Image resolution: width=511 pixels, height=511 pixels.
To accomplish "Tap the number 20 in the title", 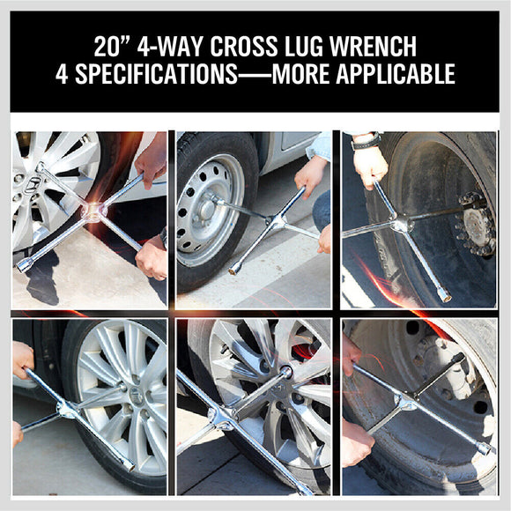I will (106, 46).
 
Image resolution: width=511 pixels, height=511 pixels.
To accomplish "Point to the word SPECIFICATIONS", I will (152, 74).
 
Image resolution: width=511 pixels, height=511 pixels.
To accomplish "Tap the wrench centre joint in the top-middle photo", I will (276, 225).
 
